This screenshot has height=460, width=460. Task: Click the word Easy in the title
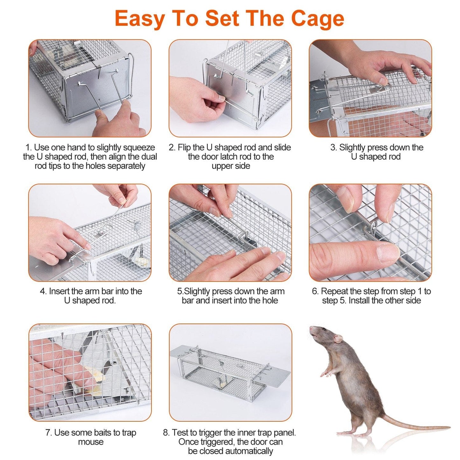tap(139, 18)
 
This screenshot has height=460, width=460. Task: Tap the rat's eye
tap(324, 330)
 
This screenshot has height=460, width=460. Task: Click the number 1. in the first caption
tap(29, 147)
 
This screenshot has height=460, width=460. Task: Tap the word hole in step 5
tap(270, 301)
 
